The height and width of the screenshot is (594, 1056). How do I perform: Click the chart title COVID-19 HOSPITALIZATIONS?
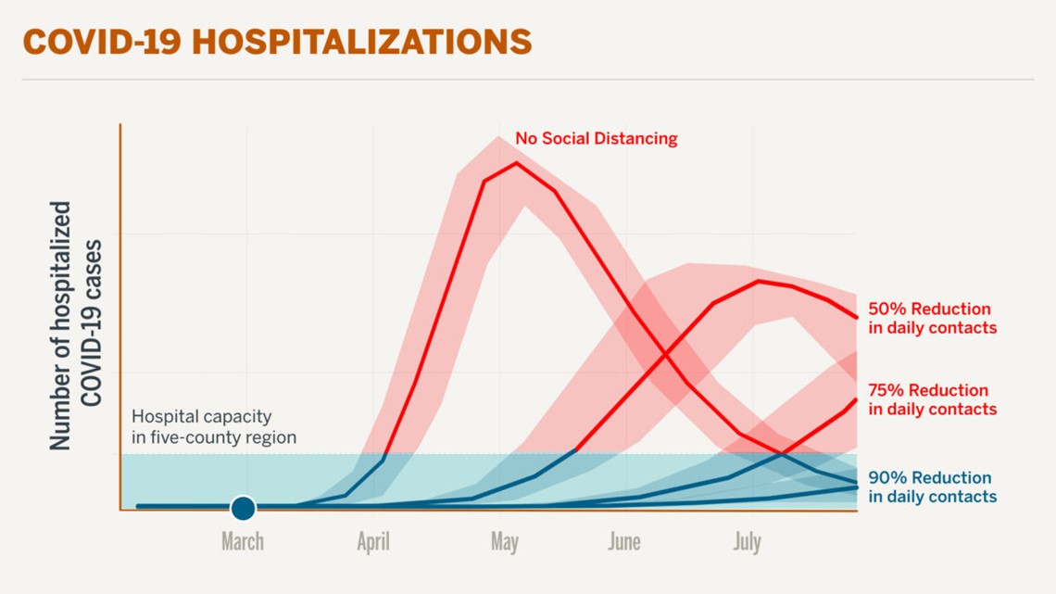277,42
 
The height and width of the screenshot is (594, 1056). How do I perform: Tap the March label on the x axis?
243,541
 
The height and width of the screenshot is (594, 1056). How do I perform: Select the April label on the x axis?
373,541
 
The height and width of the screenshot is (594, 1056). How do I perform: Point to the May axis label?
504,541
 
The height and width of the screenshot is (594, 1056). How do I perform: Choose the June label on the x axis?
623,541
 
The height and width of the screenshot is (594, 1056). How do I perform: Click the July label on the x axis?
747,541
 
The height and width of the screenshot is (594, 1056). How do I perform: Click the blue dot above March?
243,508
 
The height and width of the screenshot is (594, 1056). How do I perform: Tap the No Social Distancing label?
596,139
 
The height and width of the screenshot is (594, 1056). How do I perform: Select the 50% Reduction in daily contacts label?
932,318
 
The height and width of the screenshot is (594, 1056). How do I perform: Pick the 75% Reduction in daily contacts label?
932,399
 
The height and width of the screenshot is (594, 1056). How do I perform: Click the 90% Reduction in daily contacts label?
932,487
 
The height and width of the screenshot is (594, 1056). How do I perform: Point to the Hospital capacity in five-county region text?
214,426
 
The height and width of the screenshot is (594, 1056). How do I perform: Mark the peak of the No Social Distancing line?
516,163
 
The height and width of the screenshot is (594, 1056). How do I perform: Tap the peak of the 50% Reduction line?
759,281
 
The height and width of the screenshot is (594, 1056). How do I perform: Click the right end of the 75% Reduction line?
856,399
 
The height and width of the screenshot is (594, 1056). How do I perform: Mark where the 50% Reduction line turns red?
576,451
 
